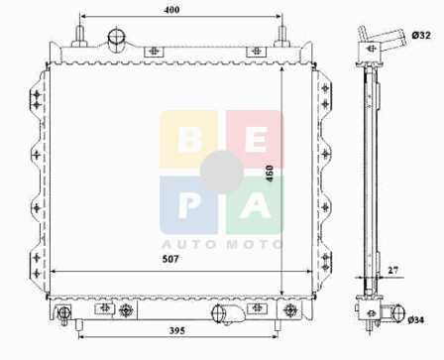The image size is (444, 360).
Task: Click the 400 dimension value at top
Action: click(171, 10)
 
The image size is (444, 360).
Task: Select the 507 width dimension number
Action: click(170, 259)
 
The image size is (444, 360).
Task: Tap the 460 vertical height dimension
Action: click(270, 174)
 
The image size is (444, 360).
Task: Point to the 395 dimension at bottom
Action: click(177, 330)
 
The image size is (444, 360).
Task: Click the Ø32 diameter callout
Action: click(421, 35)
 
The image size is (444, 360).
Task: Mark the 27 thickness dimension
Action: click(392, 270)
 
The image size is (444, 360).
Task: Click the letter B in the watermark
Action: click(189, 140)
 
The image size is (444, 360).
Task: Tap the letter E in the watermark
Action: click(256, 140)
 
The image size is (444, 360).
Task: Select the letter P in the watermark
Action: click(188, 205)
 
